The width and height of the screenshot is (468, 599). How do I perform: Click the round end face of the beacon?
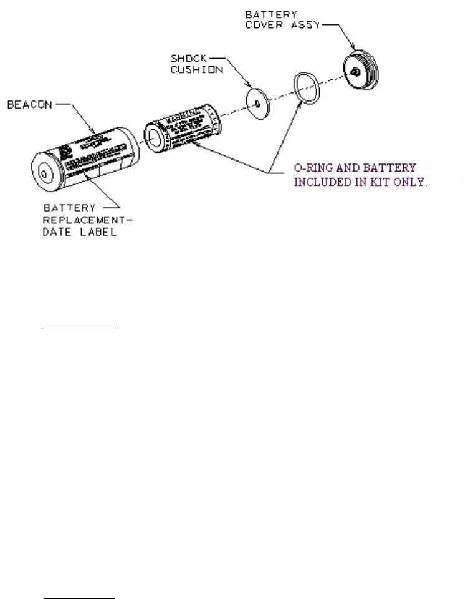[44, 172]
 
